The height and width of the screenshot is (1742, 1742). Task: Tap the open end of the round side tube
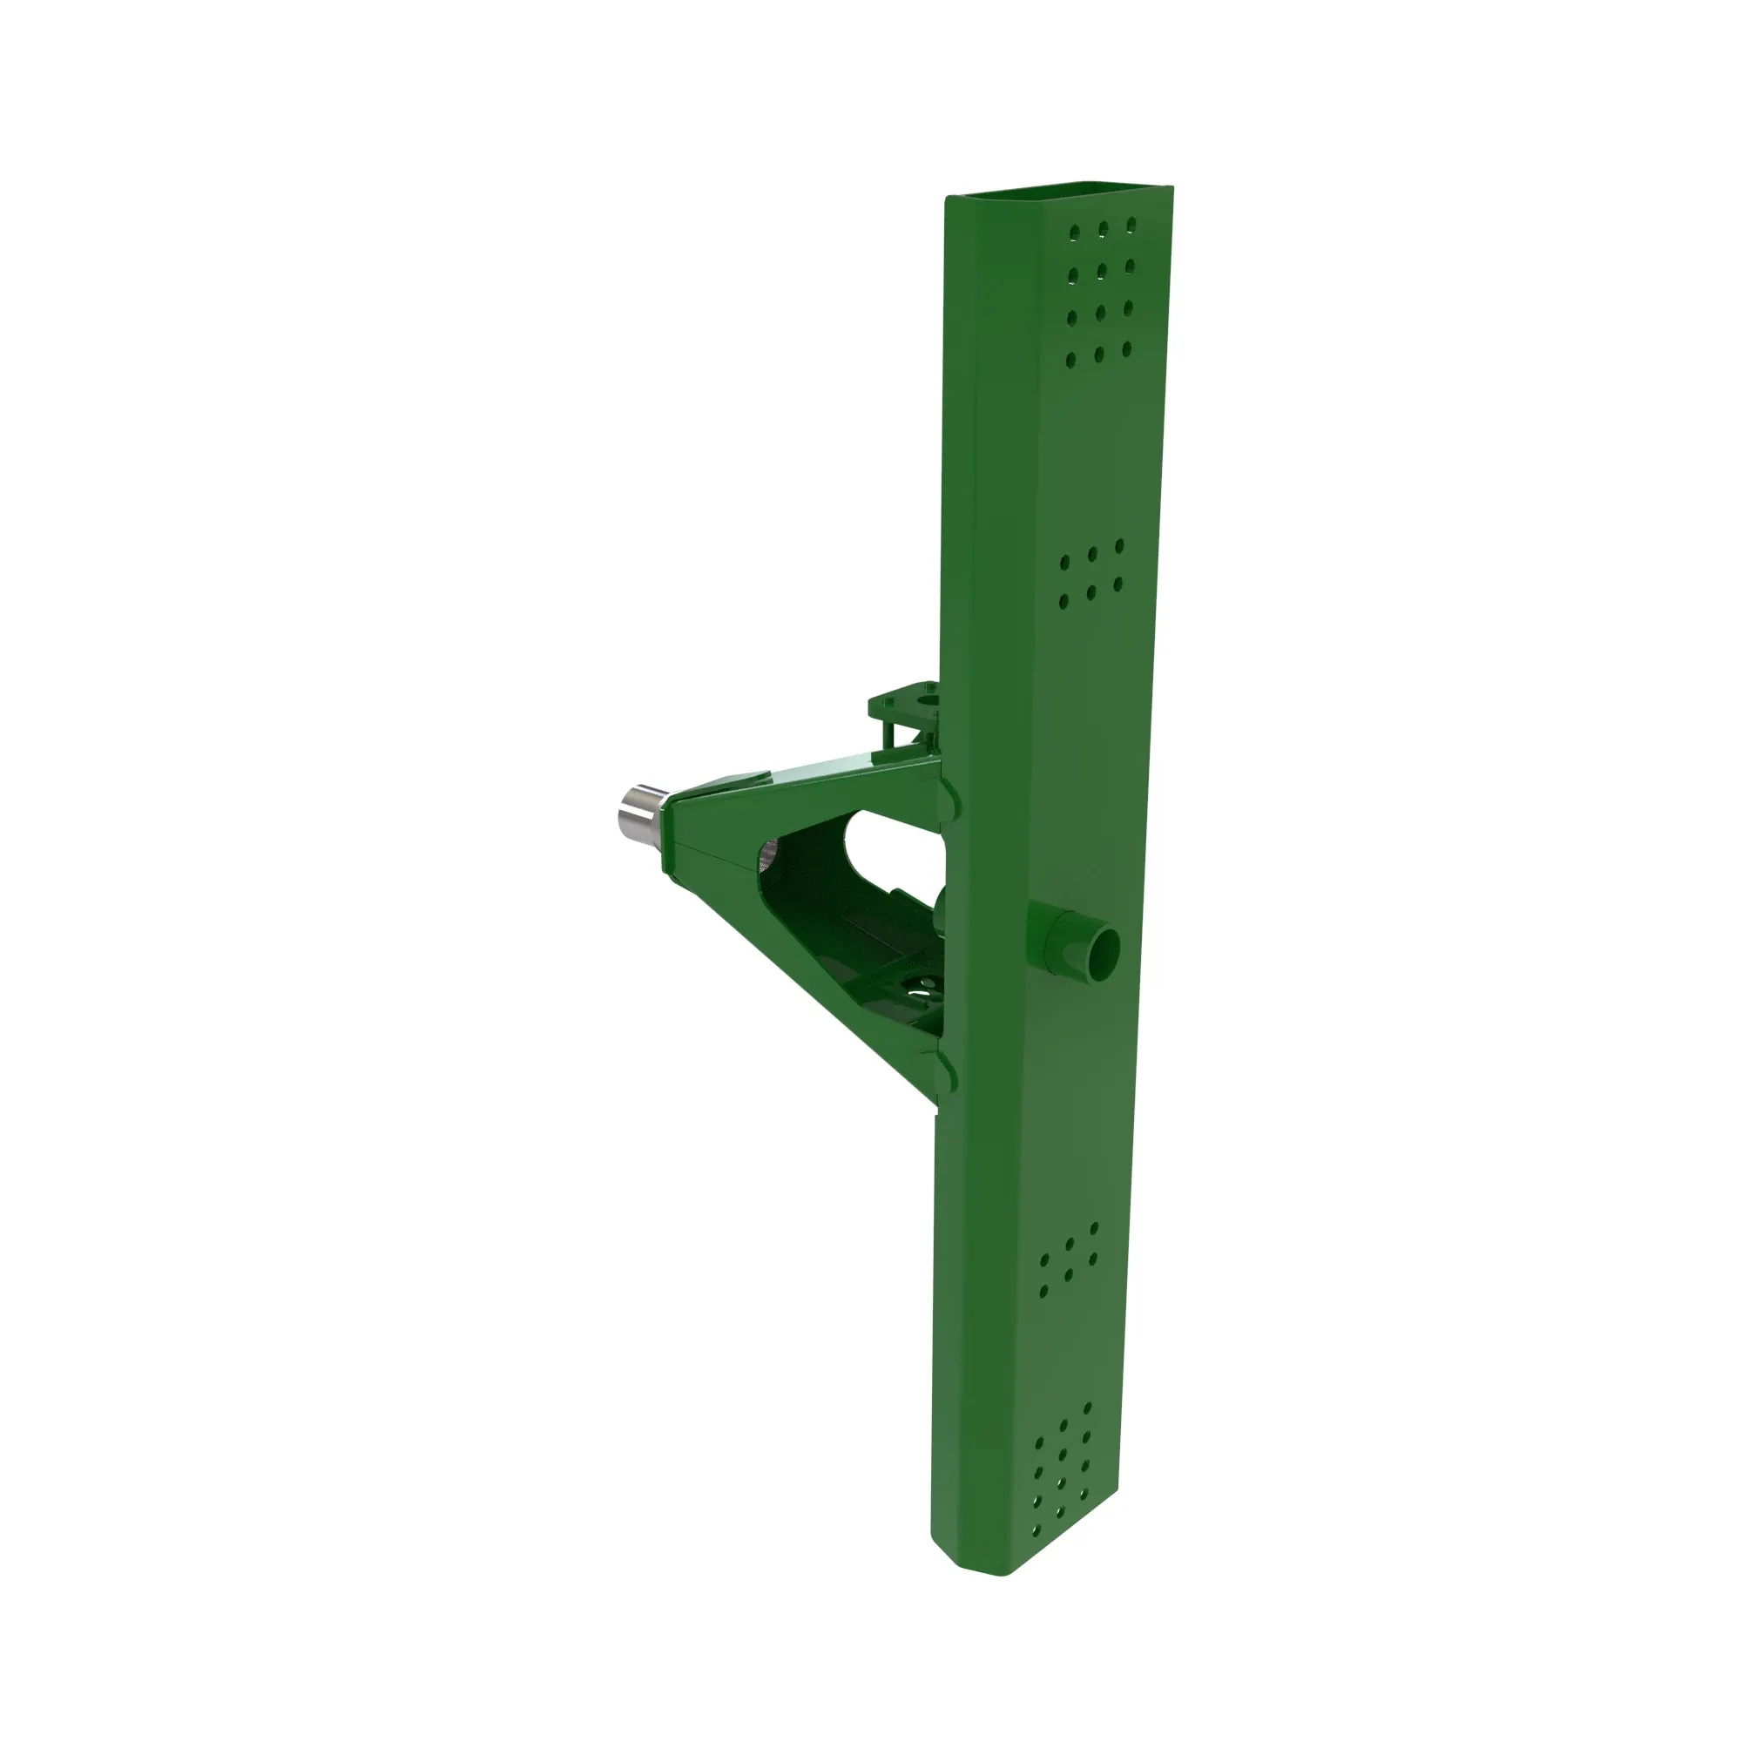[1102, 950]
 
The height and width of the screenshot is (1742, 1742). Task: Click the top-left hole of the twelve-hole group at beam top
[1074, 233]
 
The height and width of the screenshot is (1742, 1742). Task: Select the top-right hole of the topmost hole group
[1131, 224]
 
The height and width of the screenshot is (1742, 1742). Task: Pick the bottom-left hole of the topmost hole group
[1070, 361]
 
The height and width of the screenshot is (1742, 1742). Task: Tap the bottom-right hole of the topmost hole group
[1126, 348]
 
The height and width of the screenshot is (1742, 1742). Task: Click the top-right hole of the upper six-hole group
[1119, 546]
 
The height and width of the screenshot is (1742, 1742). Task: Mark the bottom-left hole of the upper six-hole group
[1063, 600]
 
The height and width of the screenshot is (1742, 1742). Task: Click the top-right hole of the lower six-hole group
[1094, 1229]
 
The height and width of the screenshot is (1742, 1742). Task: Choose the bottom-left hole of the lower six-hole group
[1043, 1291]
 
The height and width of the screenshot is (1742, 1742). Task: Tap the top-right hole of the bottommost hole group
[1087, 1408]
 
